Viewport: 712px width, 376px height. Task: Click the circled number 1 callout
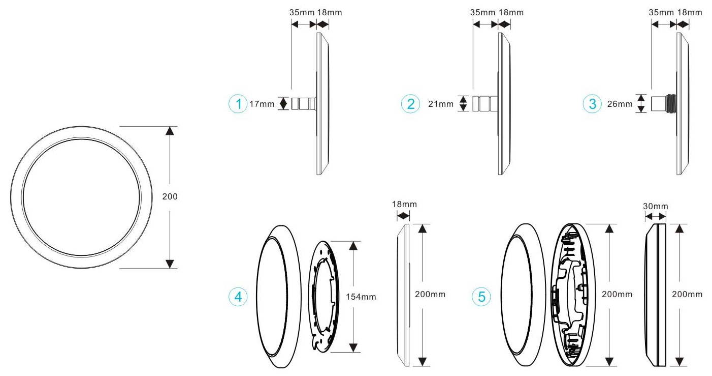click(x=237, y=104)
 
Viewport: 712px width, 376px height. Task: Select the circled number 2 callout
click(x=410, y=104)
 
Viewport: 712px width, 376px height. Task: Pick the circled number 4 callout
click(x=237, y=297)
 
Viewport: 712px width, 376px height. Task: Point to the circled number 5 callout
click(x=481, y=297)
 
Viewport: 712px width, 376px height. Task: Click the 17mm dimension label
click(x=262, y=104)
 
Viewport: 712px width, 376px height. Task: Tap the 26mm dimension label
click(x=620, y=104)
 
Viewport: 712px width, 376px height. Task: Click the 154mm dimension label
click(x=361, y=297)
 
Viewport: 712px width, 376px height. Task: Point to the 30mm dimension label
click(x=656, y=206)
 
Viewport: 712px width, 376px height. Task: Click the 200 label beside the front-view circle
click(x=170, y=196)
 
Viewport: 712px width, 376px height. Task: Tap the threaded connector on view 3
click(x=671, y=103)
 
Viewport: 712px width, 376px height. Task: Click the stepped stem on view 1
click(x=303, y=104)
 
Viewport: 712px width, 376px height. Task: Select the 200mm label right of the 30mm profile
click(x=687, y=294)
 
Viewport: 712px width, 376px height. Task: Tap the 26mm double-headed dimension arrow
click(x=641, y=103)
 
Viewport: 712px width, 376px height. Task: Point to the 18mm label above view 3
click(x=691, y=12)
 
